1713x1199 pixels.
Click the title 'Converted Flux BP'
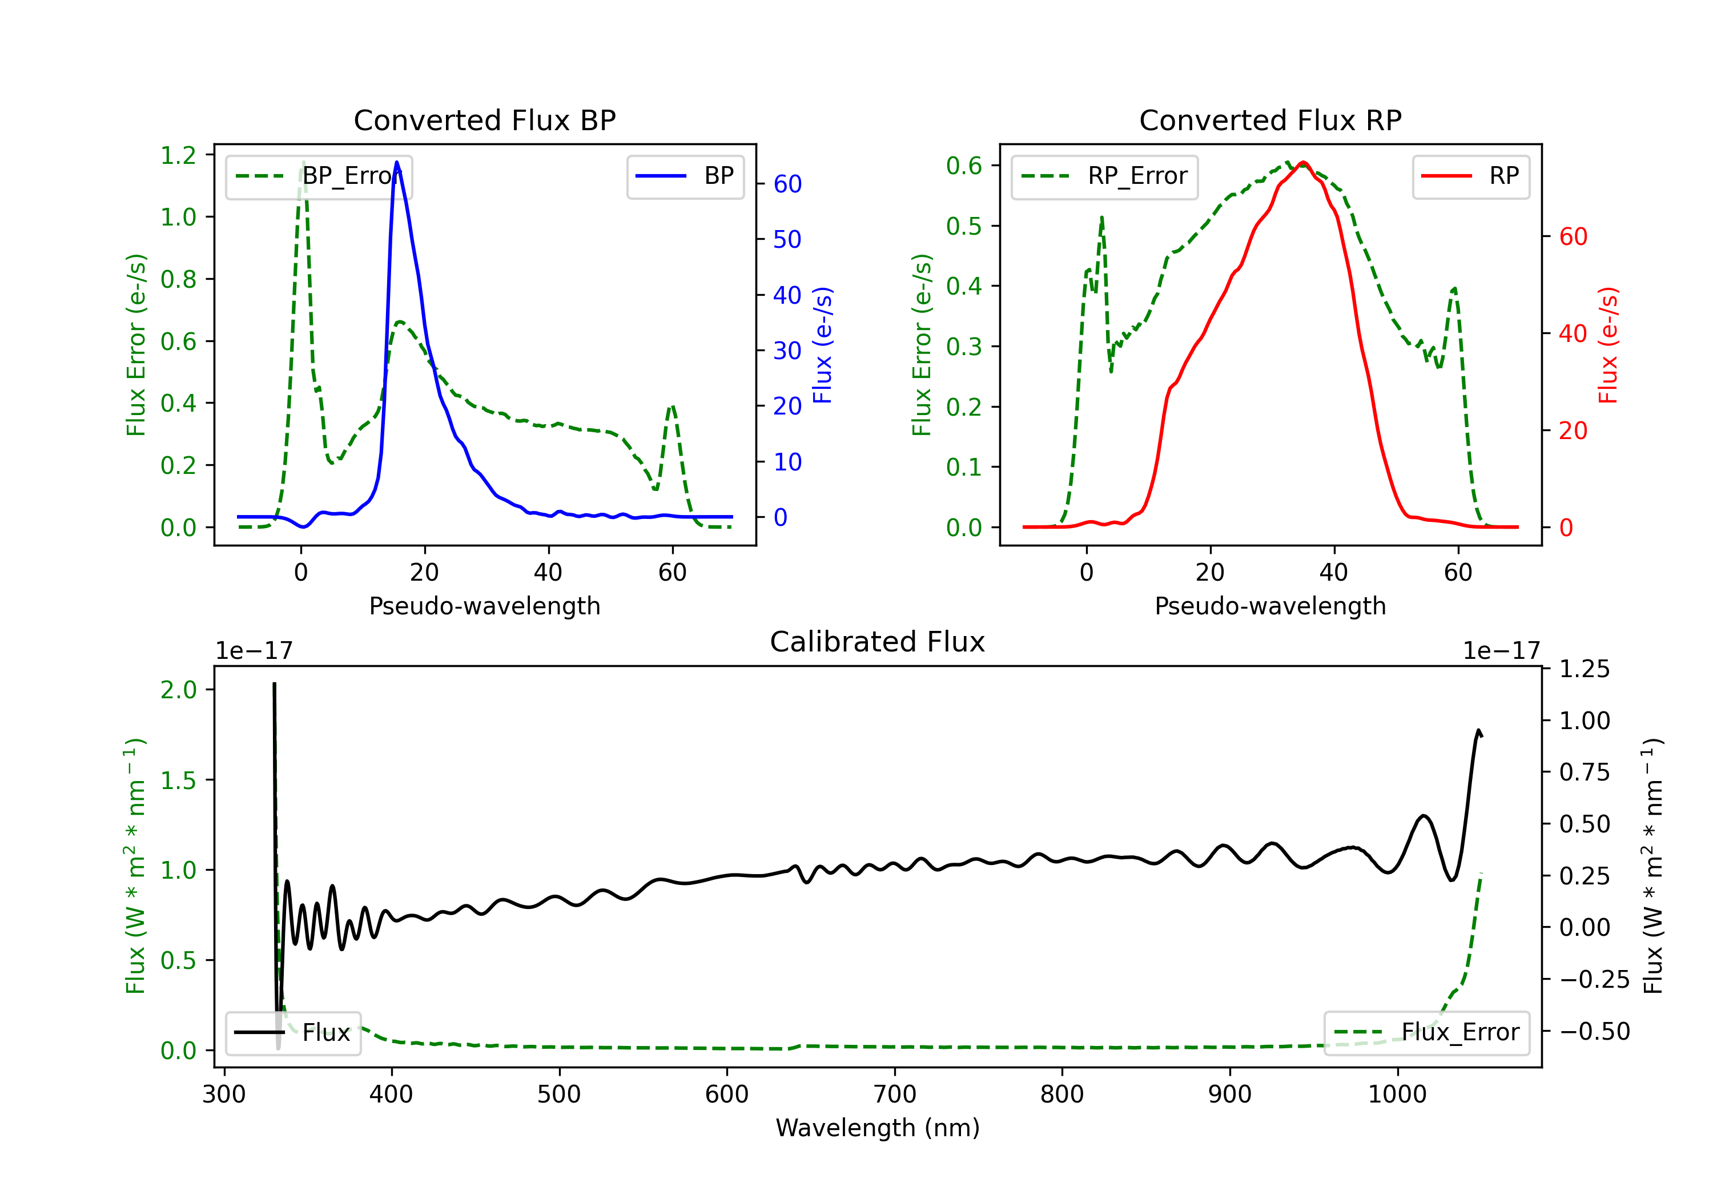[484, 120]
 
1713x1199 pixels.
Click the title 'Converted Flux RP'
[1270, 120]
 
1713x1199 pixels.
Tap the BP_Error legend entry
[319, 176]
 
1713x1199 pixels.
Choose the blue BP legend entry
[685, 176]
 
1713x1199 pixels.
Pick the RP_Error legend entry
[1104, 176]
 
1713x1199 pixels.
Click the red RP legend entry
[1470, 176]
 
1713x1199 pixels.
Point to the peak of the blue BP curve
[397, 162]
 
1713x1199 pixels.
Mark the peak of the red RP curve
[1302, 162]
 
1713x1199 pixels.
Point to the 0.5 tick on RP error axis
[964, 226]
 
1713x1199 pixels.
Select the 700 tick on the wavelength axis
[895, 1095]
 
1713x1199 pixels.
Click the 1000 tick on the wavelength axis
[1397, 1095]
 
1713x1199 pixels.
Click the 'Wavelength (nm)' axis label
[878, 1128]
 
